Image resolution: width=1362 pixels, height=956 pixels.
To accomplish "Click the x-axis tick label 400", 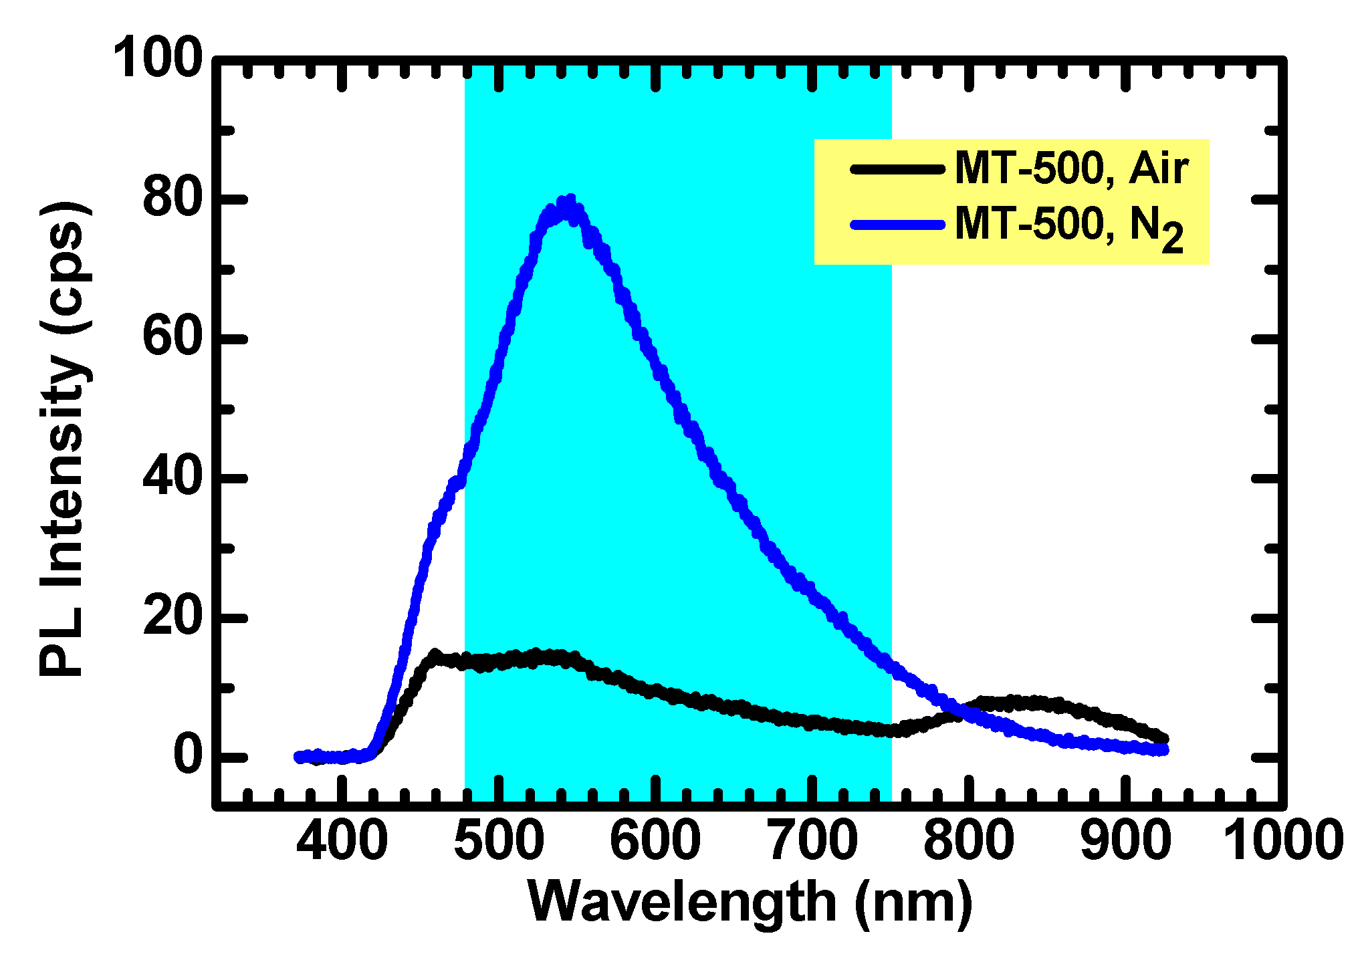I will pos(342,840).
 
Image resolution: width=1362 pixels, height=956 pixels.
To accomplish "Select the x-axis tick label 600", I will pos(655,840).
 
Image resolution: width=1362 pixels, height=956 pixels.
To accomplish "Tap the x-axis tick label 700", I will pos(812,840).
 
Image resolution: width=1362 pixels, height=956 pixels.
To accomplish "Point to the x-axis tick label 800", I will pos(969,840).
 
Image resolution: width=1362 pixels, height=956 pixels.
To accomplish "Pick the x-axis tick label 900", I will pos(1126,840).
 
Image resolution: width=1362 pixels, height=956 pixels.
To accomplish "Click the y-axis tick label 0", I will pos(187,756).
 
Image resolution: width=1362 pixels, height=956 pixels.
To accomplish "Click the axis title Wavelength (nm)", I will pos(750,903).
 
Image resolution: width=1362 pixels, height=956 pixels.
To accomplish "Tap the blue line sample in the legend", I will pos(897,225).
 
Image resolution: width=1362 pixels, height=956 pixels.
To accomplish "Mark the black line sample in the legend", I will pos(897,168).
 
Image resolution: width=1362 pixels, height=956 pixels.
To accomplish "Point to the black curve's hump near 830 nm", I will pos(1016,702).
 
